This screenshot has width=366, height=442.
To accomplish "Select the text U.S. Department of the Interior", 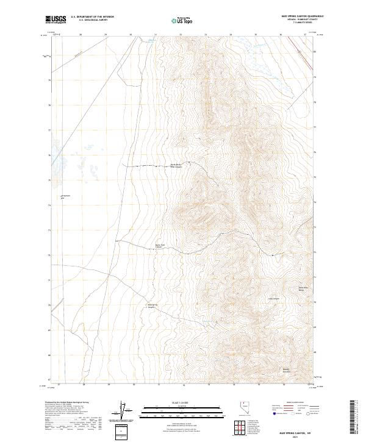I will click(x=92, y=16).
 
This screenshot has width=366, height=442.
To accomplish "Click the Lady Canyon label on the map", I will click(x=274, y=299).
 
